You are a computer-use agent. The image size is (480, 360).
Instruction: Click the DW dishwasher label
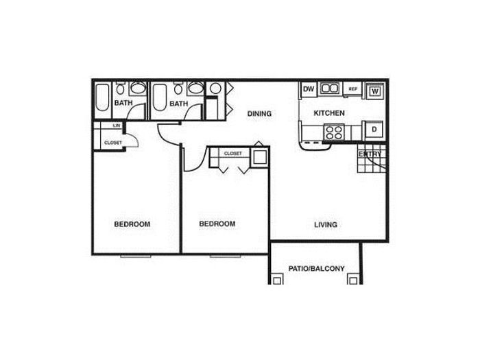click(x=309, y=88)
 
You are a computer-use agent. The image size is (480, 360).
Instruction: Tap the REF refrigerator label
click(x=353, y=89)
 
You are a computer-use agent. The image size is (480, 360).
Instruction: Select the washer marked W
click(x=375, y=91)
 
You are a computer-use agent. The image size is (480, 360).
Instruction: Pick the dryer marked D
click(x=374, y=130)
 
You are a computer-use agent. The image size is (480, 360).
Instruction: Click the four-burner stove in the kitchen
click(x=334, y=132)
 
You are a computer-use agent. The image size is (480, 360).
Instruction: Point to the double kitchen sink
click(x=330, y=88)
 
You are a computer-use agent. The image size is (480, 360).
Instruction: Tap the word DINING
click(x=259, y=114)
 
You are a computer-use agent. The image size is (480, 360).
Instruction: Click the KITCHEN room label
click(x=329, y=113)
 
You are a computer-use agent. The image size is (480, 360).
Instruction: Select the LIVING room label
click(x=326, y=224)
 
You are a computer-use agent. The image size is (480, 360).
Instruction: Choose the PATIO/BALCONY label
click(x=317, y=269)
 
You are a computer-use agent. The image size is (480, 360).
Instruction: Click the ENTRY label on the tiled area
click(x=370, y=154)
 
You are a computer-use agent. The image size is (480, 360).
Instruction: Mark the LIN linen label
click(x=117, y=125)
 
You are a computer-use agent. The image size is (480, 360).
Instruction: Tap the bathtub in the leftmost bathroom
click(x=102, y=98)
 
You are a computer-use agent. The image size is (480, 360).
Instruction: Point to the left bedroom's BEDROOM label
click(x=132, y=224)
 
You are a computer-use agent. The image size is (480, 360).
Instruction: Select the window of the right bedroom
click(x=226, y=256)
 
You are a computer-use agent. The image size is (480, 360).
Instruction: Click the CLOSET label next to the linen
click(x=113, y=143)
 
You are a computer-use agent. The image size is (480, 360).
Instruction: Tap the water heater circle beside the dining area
click(x=215, y=88)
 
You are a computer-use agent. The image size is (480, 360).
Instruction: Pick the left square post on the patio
click(x=277, y=280)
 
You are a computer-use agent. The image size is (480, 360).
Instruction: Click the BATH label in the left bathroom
click(x=123, y=103)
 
